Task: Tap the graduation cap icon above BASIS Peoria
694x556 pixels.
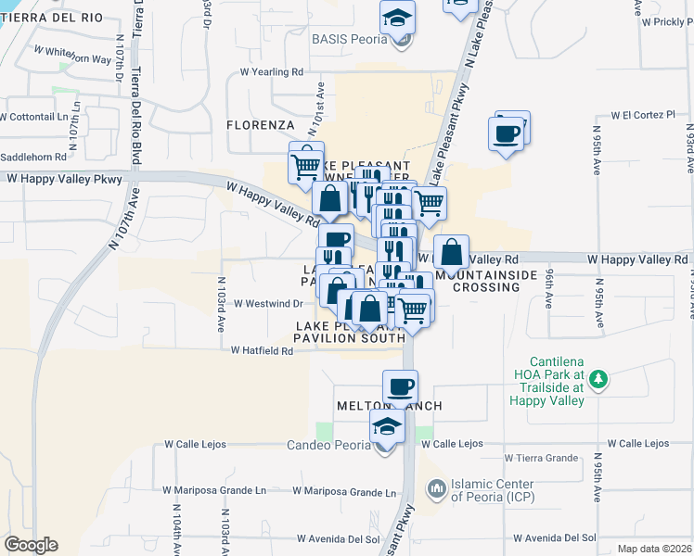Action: (397, 19)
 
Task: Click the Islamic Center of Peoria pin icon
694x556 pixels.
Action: (434, 486)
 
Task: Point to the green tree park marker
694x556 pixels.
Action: (598, 378)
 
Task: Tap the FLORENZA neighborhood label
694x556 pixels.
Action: (261, 124)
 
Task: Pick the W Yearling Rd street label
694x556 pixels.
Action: (272, 71)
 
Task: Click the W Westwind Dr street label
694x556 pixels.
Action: (268, 303)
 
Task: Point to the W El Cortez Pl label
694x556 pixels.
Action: (643, 116)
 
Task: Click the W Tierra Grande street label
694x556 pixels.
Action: (542, 458)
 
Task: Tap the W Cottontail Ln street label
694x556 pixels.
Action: (34, 117)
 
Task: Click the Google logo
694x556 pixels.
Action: (31, 545)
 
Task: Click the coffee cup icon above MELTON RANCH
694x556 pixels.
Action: (400, 386)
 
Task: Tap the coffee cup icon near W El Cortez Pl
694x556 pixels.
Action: (507, 133)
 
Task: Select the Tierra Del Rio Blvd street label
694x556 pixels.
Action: (136, 93)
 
